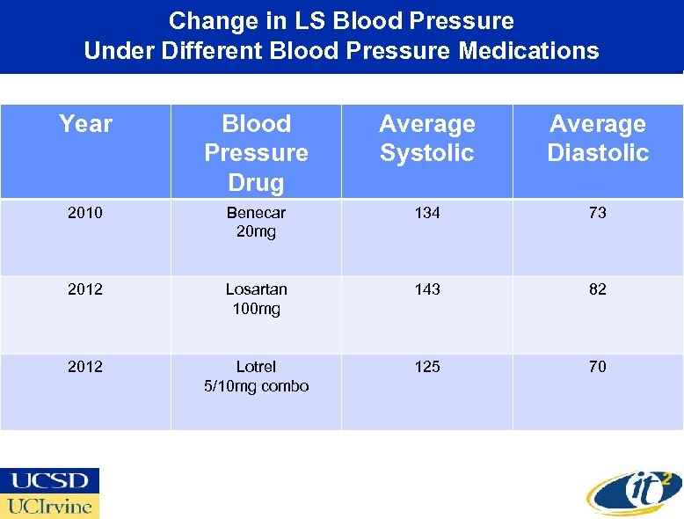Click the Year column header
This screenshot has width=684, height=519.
[85, 124]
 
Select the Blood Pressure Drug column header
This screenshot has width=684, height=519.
[256, 153]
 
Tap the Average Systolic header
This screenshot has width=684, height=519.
[427, 138]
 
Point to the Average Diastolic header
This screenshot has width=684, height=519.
[598, 138]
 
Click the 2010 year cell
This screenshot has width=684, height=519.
[85, 213]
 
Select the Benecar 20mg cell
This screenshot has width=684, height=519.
[256, 222]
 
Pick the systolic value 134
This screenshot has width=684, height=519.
[427, 213]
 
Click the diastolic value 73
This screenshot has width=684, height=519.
[598, 213]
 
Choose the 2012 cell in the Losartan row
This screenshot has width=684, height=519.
[85, 289]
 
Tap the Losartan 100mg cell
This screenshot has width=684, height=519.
[256, 299]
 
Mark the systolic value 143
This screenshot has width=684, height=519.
[427, 289]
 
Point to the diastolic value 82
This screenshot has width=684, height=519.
[598, 289]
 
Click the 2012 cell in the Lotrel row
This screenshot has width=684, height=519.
[85, 367]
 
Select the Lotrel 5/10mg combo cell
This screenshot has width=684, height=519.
[256, 376]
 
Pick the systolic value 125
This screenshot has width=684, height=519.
[427, 367]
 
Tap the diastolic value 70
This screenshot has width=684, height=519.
[598, 367]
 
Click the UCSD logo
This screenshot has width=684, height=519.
[50, 480]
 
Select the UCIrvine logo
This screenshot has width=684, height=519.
[50, 506]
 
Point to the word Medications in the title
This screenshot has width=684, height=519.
[528, 51]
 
